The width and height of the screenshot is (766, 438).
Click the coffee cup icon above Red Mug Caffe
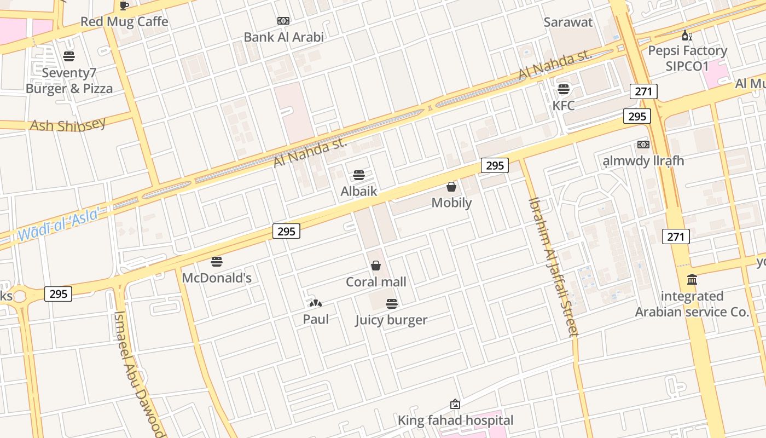point(124,5)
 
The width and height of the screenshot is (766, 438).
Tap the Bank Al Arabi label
point(283,37)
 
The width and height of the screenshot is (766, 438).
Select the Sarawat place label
point(568,22)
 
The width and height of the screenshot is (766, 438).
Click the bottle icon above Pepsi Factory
point(687,36)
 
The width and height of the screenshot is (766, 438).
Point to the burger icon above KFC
point(564,89)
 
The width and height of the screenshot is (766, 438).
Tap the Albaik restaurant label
point(359,191)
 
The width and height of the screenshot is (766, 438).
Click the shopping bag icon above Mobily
point(451,187)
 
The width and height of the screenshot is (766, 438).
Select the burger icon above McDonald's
point(217,262)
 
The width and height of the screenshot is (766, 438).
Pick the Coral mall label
point(376,282)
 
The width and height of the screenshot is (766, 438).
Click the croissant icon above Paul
point(316,303)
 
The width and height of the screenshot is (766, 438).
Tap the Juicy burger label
point(391,320)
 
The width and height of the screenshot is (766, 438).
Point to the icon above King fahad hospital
point(455,405)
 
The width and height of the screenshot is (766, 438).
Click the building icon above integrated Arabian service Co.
point(692,280)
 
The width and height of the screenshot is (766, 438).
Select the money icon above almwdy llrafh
point(643,145)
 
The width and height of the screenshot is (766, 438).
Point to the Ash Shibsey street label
point(67,125)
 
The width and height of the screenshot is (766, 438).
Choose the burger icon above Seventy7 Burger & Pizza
point(69,56)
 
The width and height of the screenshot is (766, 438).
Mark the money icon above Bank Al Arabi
point(283,21)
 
